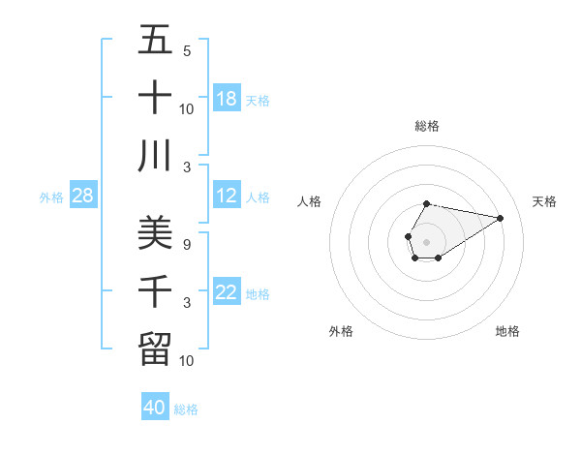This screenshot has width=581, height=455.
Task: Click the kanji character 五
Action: [x=155, y=42]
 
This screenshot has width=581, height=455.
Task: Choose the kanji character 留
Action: [x=155, y=348]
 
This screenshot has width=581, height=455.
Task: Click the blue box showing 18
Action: [x=227, y=99]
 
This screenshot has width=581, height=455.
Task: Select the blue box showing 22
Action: [x=227, y=293]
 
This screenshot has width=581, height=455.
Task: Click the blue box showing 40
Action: [x=155, y=408]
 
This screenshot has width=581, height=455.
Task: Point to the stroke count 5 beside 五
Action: [x=187, y=51]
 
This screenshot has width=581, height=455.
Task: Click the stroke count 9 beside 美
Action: [x=187, y=245]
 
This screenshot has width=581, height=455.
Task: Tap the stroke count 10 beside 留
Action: [x=187, y=360]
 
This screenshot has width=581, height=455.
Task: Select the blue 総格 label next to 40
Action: [x=187, y=409]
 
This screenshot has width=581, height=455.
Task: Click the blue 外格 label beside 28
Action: [x=51, y=197]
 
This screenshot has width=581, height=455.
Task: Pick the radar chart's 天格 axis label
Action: [x=544, y=201]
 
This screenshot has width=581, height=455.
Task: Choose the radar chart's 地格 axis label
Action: [x=507, y=331]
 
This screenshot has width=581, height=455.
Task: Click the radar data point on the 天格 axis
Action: [x=500, y=217]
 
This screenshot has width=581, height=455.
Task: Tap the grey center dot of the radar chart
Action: [x=426, y=240]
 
